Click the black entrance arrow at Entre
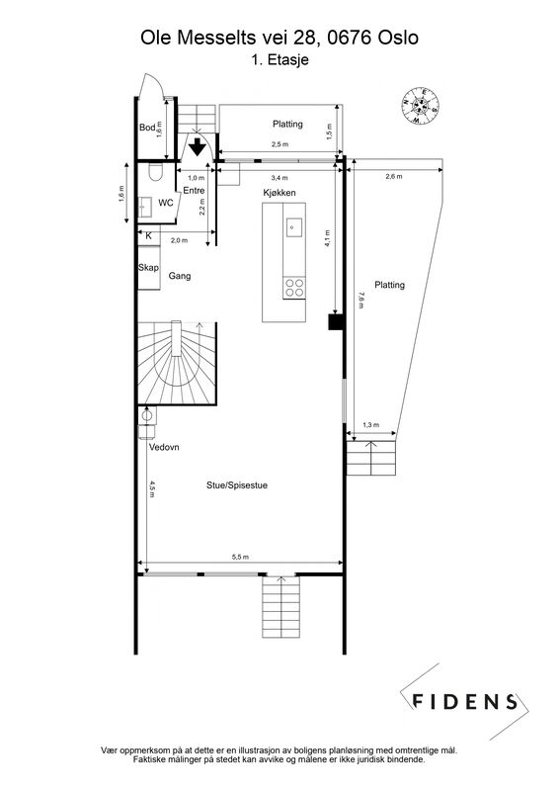tap(198, 146)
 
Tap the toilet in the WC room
tap(155, 172)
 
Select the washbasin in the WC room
tap(145, 207)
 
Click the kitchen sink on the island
tap(294, 227)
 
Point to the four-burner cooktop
tap(294, 288)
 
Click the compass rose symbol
tap(420, 107)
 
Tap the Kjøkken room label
tap(279, 193)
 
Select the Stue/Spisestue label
tap(237, 485)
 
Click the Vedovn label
tap(164, 447)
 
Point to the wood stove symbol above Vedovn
tap(147, 423)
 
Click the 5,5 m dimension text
tap(240, 557)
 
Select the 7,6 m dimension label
tap(359, 301)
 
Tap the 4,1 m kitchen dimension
tap(328, 238)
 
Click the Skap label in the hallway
tap(149, 267)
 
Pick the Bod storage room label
tap(147, 128)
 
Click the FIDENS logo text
tap(465, 702)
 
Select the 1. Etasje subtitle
tap(279, 60)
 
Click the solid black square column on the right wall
tap(336, 322)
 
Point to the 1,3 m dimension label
tap(370, 425)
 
